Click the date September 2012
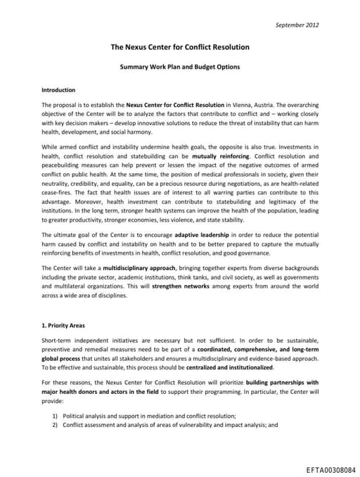(x=296, y=25)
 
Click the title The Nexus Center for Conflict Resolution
(x=180, y=48)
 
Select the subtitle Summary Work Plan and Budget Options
(x=179, y=68)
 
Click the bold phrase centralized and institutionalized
(x=226, y=368)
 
